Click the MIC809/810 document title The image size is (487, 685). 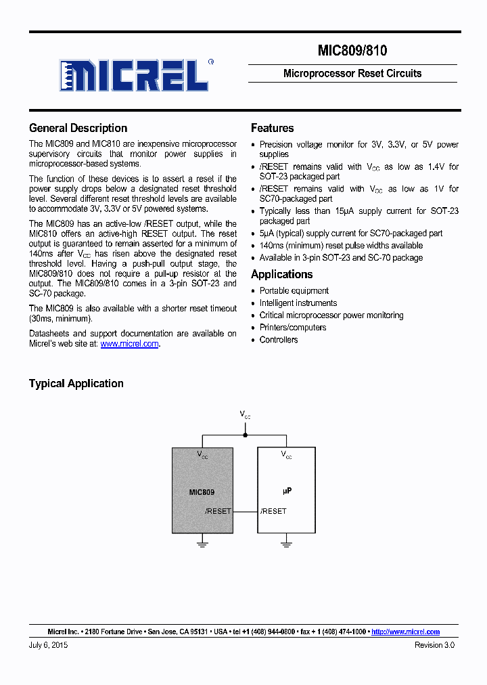coord(352,51)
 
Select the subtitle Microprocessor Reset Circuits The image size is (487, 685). coord(352,73)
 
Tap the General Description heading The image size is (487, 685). coord(78,128)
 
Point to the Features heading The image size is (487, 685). coord(272,128)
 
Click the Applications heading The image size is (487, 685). coord(281,274)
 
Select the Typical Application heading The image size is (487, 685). coord(76,383)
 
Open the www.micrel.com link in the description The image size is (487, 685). coord(129,344)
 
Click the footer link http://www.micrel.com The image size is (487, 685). coord(406,632)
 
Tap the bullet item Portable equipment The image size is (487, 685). coord(294,291)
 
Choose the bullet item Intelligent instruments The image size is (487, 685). coord(298,303)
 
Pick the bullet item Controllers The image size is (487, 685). coord(279,340)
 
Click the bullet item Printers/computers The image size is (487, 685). coord(293,328)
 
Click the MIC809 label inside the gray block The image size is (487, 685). coord(202,492)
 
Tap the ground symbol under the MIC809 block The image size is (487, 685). coord(202,542)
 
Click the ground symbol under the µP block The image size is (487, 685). coord(287,542)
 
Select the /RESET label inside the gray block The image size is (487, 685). coord(218,511)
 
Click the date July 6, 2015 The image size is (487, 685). coord(49,645)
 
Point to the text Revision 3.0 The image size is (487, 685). coord(434,645)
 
